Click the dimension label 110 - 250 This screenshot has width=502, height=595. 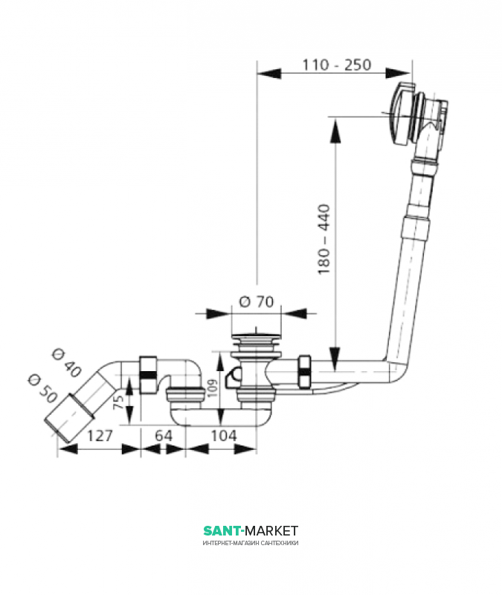337,65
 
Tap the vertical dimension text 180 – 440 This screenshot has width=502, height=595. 324,239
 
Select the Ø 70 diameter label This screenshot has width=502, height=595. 256,302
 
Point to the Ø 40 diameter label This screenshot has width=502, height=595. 66,364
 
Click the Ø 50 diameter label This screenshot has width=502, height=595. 42,388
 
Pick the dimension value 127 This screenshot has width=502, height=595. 100,436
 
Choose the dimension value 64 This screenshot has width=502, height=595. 164,436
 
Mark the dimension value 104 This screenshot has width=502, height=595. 224,436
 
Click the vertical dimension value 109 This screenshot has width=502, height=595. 213,387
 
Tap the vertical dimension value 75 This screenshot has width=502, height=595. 119,402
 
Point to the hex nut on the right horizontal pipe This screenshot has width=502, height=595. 305,372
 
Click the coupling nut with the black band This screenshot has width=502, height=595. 148,375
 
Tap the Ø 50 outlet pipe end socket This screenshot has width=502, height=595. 69,418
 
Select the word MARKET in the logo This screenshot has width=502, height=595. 271,530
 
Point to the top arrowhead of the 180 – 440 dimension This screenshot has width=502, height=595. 335,131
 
